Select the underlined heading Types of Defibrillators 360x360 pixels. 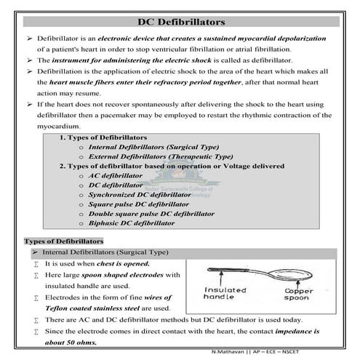click(x=64, y=241)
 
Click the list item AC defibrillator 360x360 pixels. click(x=116, y=175)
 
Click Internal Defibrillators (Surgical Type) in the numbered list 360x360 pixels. click(x=149, y=147)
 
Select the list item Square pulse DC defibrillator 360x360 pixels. click(x=138, y=204)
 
